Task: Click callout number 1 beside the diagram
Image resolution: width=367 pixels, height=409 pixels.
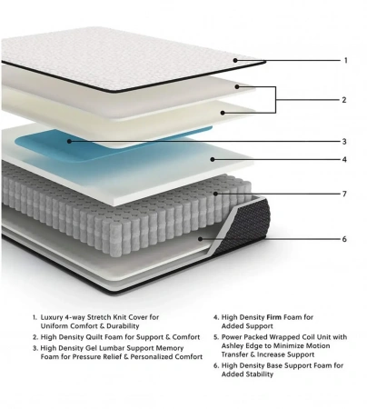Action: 346,61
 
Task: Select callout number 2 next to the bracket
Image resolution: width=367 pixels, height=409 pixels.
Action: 344,100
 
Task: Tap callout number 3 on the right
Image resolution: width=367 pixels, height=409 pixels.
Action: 344,142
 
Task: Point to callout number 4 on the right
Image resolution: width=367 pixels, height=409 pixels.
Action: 344,159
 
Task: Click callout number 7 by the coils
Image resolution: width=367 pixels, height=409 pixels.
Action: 344,194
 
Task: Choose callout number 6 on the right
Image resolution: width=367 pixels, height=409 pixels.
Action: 344,239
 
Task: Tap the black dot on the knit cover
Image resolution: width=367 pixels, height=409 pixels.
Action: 235,61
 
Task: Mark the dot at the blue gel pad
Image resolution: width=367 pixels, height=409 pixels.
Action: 69,141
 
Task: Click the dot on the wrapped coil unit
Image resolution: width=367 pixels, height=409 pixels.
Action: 215,194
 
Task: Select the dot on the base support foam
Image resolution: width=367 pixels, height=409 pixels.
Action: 200,239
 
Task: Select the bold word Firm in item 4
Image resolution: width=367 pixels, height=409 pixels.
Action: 274,317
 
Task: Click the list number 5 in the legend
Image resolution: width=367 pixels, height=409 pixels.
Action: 216,337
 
